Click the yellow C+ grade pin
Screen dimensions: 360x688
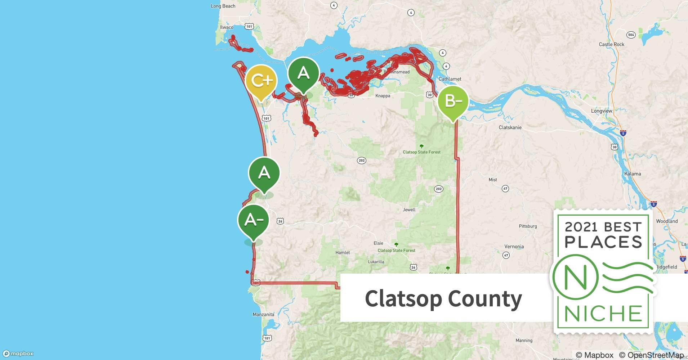261,81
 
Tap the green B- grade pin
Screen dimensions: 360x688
453,102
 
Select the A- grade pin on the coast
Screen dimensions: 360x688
253,220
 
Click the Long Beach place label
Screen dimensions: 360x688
223,6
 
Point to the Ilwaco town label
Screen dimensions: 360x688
227,27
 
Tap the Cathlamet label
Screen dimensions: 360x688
450,79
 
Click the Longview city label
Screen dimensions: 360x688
602,111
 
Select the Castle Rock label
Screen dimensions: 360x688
611,44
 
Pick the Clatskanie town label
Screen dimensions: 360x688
510,127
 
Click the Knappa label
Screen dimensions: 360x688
383,96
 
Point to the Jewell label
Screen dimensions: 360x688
409,210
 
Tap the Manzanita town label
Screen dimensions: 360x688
263,314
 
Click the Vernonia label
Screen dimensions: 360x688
514,247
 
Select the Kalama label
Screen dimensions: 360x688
633,174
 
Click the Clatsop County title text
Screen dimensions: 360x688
443,298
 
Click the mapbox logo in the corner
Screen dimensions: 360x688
18,354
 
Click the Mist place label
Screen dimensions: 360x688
493,180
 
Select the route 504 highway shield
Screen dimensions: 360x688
631,35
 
